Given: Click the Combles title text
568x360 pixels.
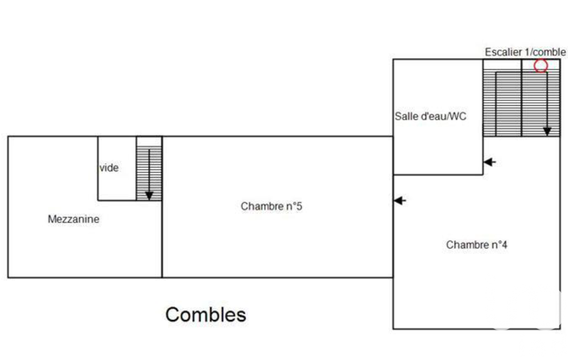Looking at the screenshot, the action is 206,315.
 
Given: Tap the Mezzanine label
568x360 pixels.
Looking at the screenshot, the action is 74,219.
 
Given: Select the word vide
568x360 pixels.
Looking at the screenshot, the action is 109,168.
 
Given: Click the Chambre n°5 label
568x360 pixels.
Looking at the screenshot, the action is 272,206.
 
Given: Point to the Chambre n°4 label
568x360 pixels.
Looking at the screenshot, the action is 477,244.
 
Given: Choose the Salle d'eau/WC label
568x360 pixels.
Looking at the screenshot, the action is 431,116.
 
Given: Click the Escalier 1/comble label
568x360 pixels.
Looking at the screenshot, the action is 525,52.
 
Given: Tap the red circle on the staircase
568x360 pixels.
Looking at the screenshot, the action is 541,65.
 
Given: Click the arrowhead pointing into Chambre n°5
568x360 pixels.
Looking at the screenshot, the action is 400,200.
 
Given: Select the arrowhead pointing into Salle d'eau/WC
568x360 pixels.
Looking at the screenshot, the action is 489,162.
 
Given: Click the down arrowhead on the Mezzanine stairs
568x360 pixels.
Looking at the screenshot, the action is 149,196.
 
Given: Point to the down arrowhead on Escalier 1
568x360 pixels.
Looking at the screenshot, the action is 547,131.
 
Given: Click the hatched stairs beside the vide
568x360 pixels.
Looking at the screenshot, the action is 149,173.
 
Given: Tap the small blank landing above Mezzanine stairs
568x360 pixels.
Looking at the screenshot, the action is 149,141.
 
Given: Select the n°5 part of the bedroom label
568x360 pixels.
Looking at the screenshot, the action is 294,206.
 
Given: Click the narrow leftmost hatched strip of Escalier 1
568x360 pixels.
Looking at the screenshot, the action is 489,103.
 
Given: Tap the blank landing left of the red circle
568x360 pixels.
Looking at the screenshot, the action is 502,64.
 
